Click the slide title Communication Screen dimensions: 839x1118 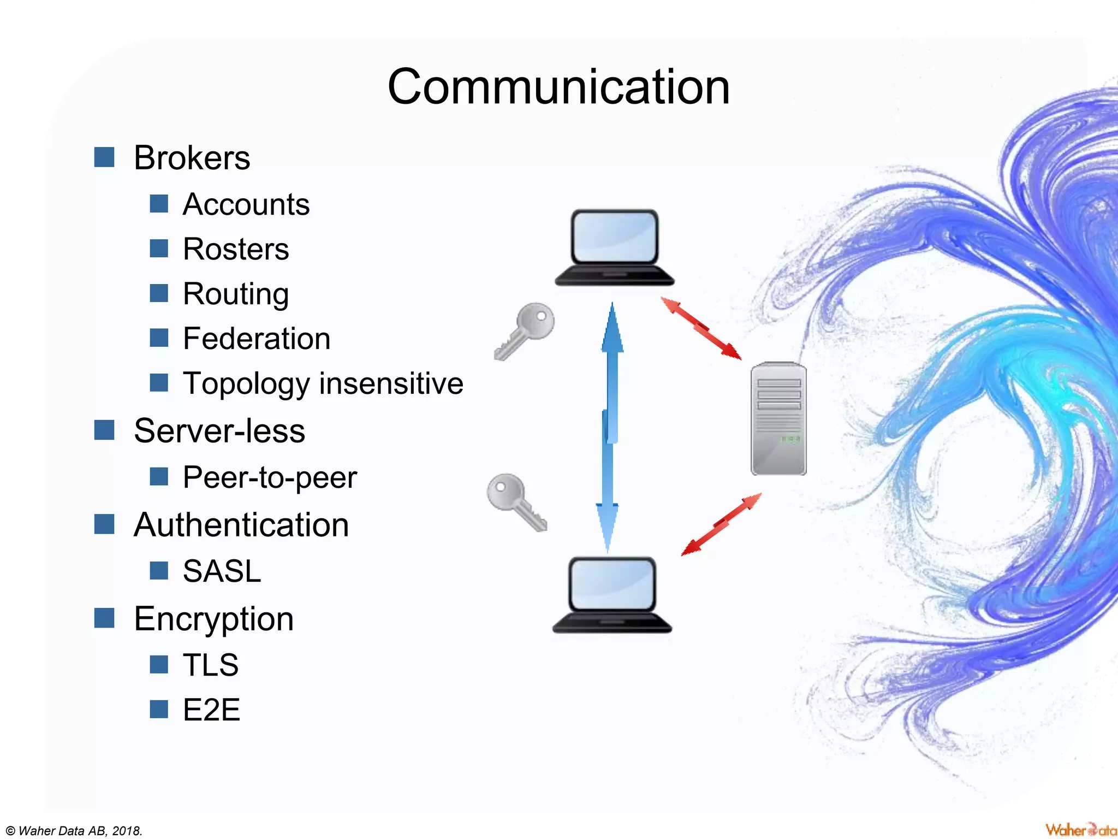pos(558,87)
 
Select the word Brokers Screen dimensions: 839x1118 pos(192,158)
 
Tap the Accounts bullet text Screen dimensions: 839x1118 pos(246,205)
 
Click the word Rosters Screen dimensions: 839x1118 pos(236,250)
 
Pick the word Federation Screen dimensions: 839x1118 pos(257,339)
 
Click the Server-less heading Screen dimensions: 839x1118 pos(219,431)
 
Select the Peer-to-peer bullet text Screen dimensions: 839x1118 pos(270,478)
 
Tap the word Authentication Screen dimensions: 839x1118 pos(241,525)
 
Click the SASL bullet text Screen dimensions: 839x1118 pos(222,571)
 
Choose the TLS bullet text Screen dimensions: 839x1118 pos(211,665)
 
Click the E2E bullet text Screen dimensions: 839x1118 pos(211,710)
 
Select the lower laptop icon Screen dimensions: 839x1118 pos(612,595)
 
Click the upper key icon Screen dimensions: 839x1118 pos(525,330)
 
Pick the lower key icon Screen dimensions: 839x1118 pos(516,501)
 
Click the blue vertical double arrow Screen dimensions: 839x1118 pos(610,426)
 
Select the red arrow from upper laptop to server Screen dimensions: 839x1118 pos(701,328)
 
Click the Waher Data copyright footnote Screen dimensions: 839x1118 pos(74,831)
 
